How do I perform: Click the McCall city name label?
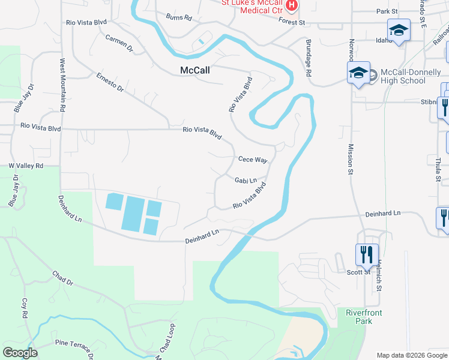(x=195, y=70)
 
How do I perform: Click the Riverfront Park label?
(x=363, y=317)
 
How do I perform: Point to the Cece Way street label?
(x=252, y=160)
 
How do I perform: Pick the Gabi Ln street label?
(x=246, y=180)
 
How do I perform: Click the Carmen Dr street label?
(x=118, y=43)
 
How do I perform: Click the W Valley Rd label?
(x=26, y=166)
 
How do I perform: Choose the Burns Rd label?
(x=178, y=17)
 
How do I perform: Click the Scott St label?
(x=358, y=272)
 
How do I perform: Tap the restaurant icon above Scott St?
(x=366, y=254)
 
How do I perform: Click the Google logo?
(x=20, y=353)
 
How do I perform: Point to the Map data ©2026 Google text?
(x=412, y=355)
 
